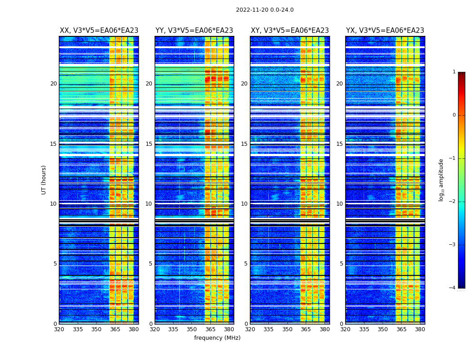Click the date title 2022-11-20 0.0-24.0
[x=265, y=10]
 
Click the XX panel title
[x=99, y=31]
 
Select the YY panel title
[x=194, y=31]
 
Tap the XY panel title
[x=289, y=31]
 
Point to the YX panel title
[x=385, y=31]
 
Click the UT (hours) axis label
[x=44, y=180]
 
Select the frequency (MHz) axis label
[x=217, y=338]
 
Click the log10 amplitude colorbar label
[x=441, y=180]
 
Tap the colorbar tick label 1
[x=454, y=72]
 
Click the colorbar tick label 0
[x=454, y=115]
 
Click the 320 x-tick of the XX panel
[x=59, y=329]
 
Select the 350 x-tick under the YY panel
[x=192, y=329]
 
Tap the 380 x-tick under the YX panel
[x=420, y=329]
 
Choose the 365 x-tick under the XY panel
[x=306, y=329]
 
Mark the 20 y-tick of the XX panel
[x=53, y=84]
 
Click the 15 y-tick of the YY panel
[x=149, y=144]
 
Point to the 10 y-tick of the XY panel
[x=244, y=204]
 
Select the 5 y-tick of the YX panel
[x=342, y=264]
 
